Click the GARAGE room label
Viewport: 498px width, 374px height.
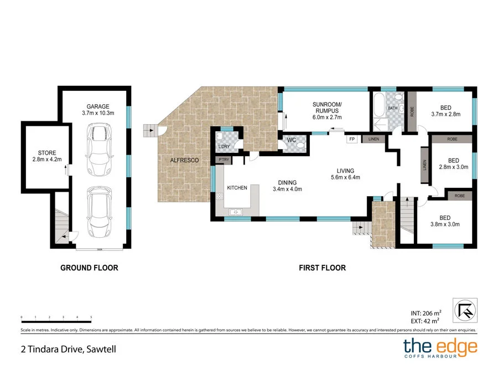(97, 106)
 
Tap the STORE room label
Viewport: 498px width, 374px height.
(44, 153)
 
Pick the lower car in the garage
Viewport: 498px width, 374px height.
(99, 211)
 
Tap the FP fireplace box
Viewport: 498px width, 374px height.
(351, 139)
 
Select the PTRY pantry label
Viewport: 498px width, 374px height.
(224, 160)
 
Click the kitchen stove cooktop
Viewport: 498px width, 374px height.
(219, 196)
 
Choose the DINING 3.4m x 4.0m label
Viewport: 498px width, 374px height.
(287, 186)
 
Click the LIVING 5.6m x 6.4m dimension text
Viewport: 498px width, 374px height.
(346, 178)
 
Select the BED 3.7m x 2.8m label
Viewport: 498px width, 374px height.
(446, 111)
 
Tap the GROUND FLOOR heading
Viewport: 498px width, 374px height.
(89, 268)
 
